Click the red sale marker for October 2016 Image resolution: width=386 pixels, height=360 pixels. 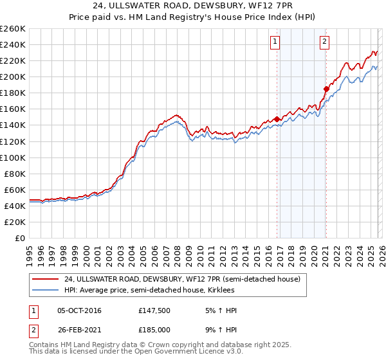[277, 119]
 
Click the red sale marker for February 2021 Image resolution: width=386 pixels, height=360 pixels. [326, 89]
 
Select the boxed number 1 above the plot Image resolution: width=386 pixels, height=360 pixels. [275, 42]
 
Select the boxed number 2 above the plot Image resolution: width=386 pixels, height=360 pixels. [324, 42]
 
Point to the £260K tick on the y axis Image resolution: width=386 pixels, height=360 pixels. [13, 29]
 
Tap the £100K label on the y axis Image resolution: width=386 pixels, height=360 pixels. [13, 157]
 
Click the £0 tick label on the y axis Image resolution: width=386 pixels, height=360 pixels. [21, 238]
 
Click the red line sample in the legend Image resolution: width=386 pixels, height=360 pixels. [46, 279]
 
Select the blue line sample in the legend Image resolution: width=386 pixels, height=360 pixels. [46, 290]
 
